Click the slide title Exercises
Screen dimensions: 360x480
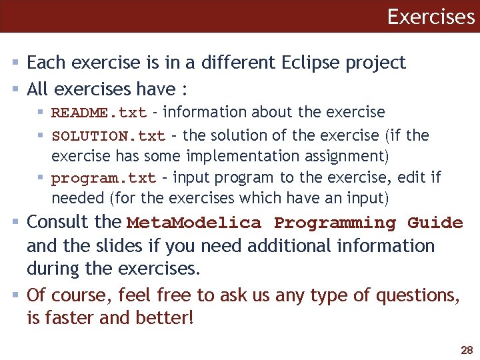pyautogui.click(x=430, y=16)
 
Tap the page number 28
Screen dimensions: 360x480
pyautogui.click(x=465, y=350)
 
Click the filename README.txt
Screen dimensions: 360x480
pyautogui.click(x=98, y=113)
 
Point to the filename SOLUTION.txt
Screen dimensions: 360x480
pyautogui.click(x=108, y=136)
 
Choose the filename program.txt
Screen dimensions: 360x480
pyautogui.click(x=103, y=179)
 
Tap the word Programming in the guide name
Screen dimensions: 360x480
pyautogui.click(x=335, y=223)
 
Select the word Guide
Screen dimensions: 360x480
pyautogui.click(x=435, y=223)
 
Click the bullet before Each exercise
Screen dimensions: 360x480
pyautogui.click(x=17, y=63)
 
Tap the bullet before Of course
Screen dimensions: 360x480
pyautogui.click(x=17, y=295)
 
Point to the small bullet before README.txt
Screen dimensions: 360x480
pyautogui.click(x=42, y=112)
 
